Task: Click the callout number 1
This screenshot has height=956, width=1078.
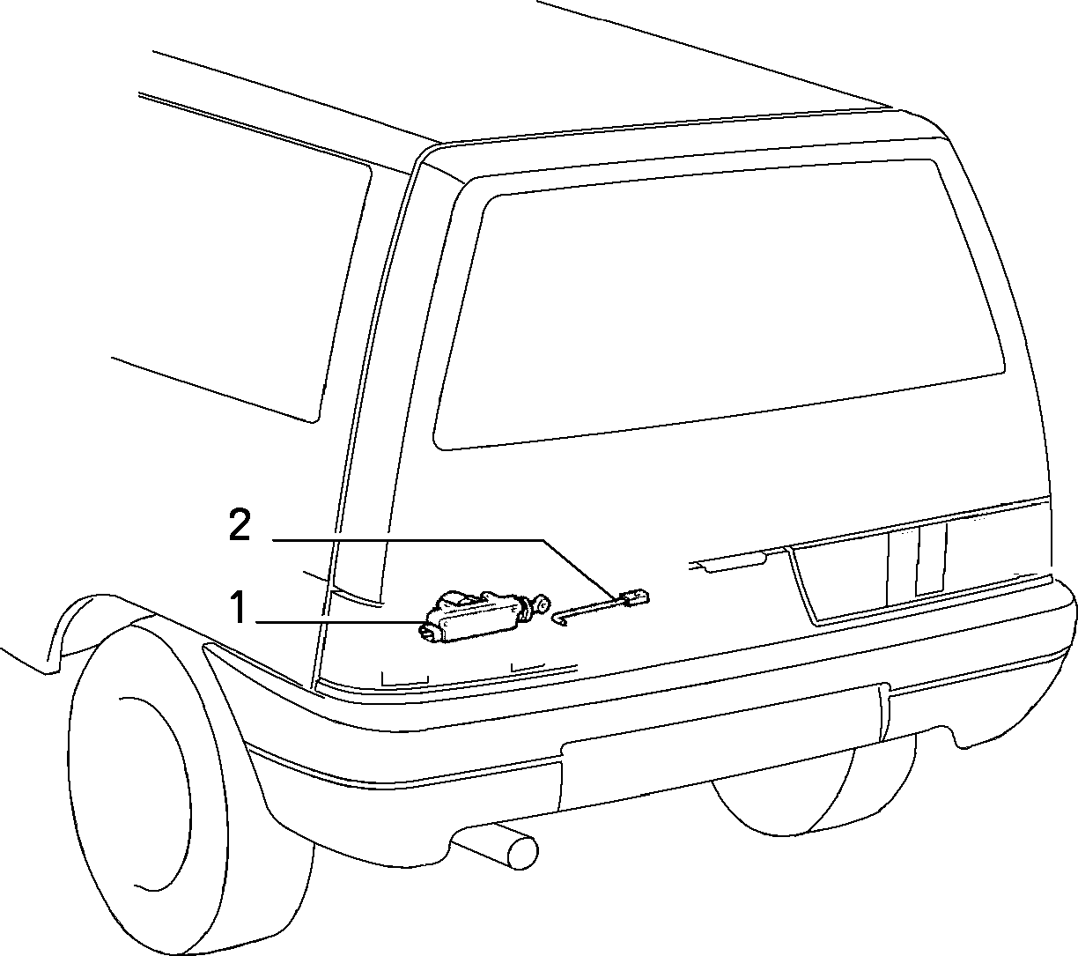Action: tap(239, 607)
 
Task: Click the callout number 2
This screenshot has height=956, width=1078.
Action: tap(240, 524)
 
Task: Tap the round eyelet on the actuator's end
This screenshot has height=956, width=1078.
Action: tap(543, 604)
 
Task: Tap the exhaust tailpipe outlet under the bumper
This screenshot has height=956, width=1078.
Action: tap(522, 852)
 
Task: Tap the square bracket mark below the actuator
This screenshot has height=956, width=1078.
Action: tap(405, 678)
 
